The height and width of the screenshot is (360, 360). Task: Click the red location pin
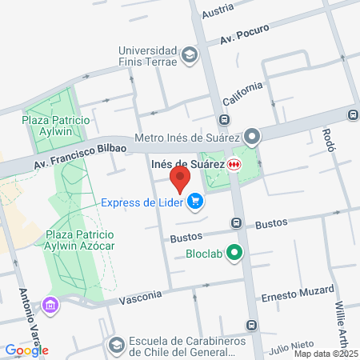coord(180,178)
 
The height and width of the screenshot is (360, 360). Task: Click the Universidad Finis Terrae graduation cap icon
coord(189,54)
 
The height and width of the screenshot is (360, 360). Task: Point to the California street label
coord(242,95)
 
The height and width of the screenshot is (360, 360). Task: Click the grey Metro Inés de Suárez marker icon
coord(252,138)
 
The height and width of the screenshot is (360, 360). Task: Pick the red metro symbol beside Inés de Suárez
coord(233,165)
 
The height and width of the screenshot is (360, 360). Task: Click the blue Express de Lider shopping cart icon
coord(195,202)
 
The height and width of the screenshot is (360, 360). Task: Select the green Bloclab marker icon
coord(234,255)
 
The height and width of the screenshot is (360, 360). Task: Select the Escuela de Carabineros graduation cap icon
coord(116,344)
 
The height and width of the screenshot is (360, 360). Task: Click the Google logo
coord(26,350)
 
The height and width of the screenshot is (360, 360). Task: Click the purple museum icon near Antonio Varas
coord(51,305)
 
